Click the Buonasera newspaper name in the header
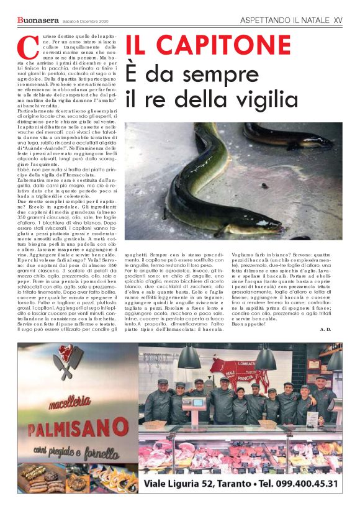click(37, 21)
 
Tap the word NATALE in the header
click(310, 20)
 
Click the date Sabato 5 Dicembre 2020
click(85, 22)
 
